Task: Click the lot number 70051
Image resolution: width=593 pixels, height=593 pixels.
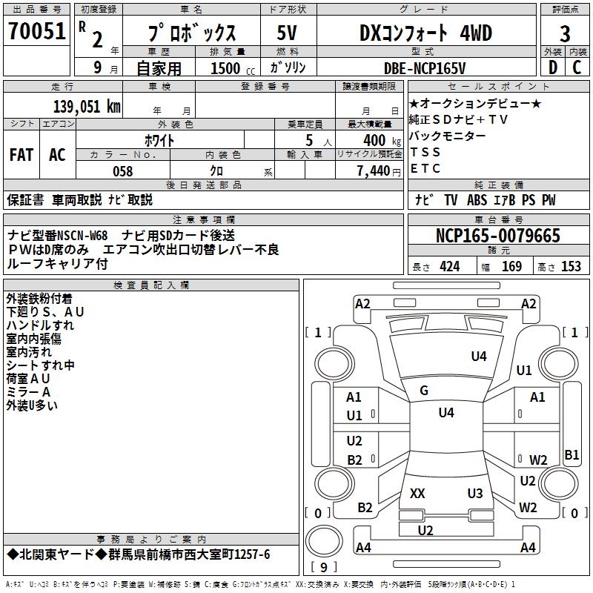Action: click(x=37, y=32)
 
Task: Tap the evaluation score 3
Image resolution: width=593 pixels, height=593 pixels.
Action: click(x=565, y=34)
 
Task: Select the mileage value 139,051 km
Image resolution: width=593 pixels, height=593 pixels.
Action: click(x=87, y=107)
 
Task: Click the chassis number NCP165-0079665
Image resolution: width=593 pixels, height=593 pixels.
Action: click(x=498, y=236)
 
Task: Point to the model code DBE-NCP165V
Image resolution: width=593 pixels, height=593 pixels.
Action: click(x=425, y=68)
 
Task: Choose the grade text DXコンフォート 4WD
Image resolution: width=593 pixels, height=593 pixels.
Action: click(x=425, y=33)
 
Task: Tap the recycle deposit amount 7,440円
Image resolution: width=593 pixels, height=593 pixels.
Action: click(x=378, y=171)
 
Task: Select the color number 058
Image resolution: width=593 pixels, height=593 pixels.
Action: click(x=123, y=171)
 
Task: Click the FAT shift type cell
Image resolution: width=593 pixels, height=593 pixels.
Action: click(x=21, y=154)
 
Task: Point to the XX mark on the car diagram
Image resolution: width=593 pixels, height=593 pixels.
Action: click(x=417, y=494)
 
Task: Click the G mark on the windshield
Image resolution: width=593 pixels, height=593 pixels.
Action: click(x=424, y=391)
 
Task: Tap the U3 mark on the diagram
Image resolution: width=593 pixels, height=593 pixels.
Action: click(x=475, y=494)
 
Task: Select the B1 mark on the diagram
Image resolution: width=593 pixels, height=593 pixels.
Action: click(x=572, y=455)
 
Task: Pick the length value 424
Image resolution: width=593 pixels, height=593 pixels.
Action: click(x=449, y=267)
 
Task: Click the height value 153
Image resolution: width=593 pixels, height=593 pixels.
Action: click(x=571, y=267)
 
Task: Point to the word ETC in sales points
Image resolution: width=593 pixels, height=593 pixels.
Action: click(x=425, y=168)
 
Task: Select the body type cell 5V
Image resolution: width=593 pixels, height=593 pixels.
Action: click(x=287, y=33)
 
